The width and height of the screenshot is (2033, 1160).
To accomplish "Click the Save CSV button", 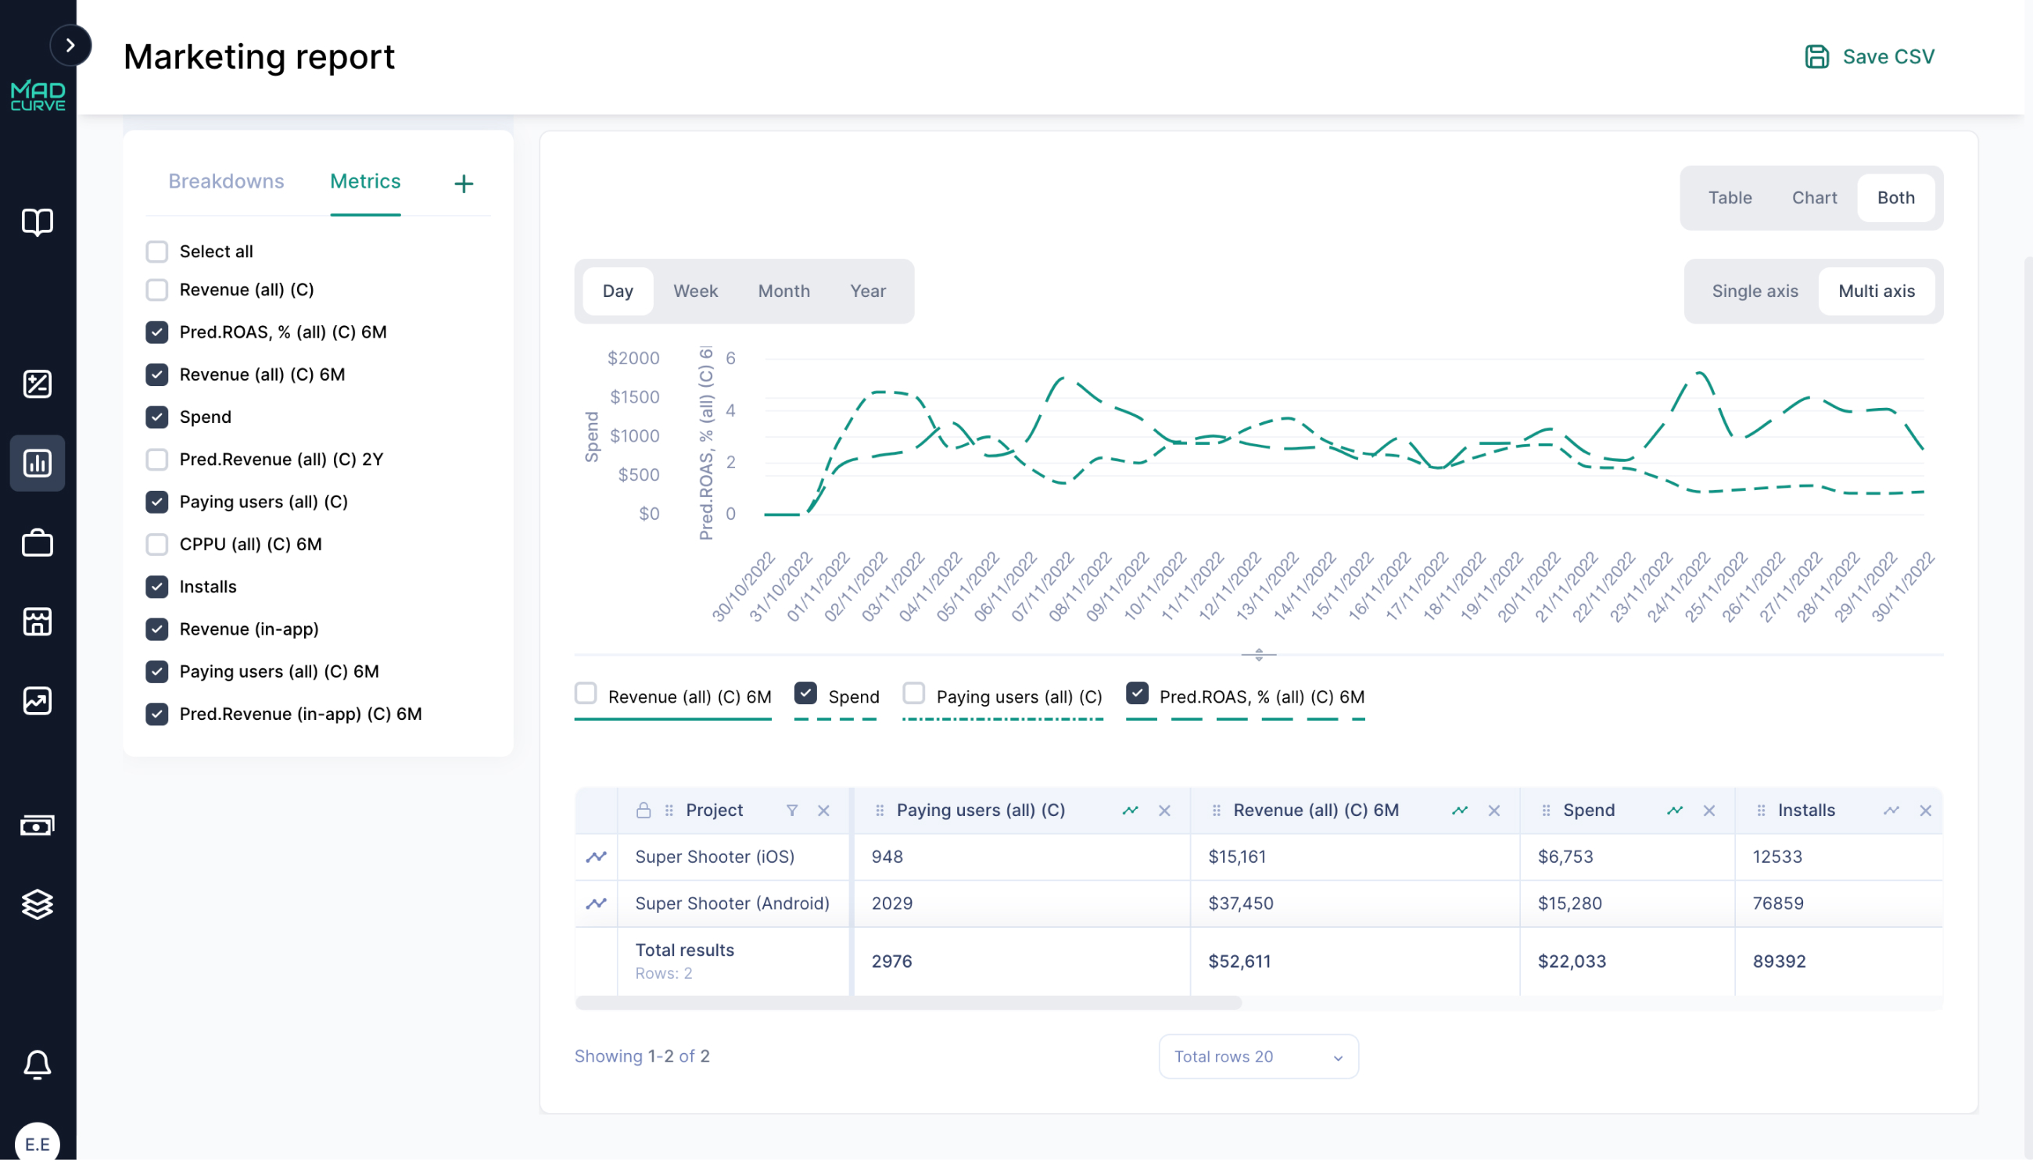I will coord(1869,56).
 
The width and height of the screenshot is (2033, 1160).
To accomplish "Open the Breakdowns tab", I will coord(225,181).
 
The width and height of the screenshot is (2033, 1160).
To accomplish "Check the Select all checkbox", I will coord(157,252).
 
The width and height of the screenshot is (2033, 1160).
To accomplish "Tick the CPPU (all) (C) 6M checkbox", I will coord(157,544).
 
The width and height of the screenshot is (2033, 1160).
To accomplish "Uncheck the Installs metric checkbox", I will coord(157,586).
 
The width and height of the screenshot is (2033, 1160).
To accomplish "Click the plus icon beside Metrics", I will coord(464,184).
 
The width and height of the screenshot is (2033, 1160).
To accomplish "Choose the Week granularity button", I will coord(695,292).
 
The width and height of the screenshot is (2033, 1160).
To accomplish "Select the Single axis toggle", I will coord(1754,292).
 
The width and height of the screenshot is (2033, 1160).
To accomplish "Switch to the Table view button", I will coord(1730,199).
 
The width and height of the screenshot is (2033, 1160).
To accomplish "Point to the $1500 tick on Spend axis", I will coord(634,397).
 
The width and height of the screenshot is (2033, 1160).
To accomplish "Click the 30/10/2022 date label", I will coord(744,586).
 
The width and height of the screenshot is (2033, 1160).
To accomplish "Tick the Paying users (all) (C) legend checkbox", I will coord(913,693).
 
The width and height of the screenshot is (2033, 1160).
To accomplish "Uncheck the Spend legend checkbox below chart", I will coord(805,693).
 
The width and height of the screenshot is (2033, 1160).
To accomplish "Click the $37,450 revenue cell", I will coord(1240,904).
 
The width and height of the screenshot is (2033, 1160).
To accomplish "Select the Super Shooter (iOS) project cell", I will coord(714,857).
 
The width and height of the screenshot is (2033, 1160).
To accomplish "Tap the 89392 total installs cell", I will coord(1779,961).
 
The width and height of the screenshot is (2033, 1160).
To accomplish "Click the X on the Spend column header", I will coord(1709,811).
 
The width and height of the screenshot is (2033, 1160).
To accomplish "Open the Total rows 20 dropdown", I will coord(1257,1057).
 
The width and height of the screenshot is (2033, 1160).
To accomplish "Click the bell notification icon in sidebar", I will coord(38,1065).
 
